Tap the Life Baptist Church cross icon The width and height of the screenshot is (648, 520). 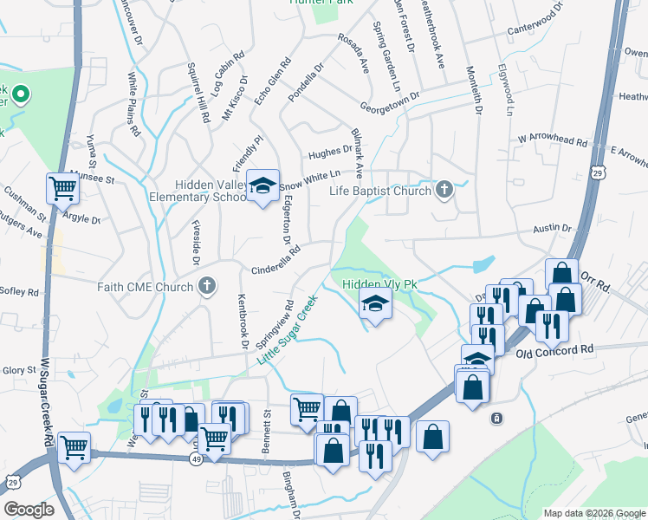coord(444,190)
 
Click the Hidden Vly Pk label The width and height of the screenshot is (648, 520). coord(379,283)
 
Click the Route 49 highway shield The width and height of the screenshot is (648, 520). coord(198,458)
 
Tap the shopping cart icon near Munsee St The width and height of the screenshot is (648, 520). coord(62,186)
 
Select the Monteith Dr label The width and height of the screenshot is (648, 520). coord(477,91)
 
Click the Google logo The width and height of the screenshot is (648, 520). coord(29,509)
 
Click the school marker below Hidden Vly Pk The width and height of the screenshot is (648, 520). coord(376,304)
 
